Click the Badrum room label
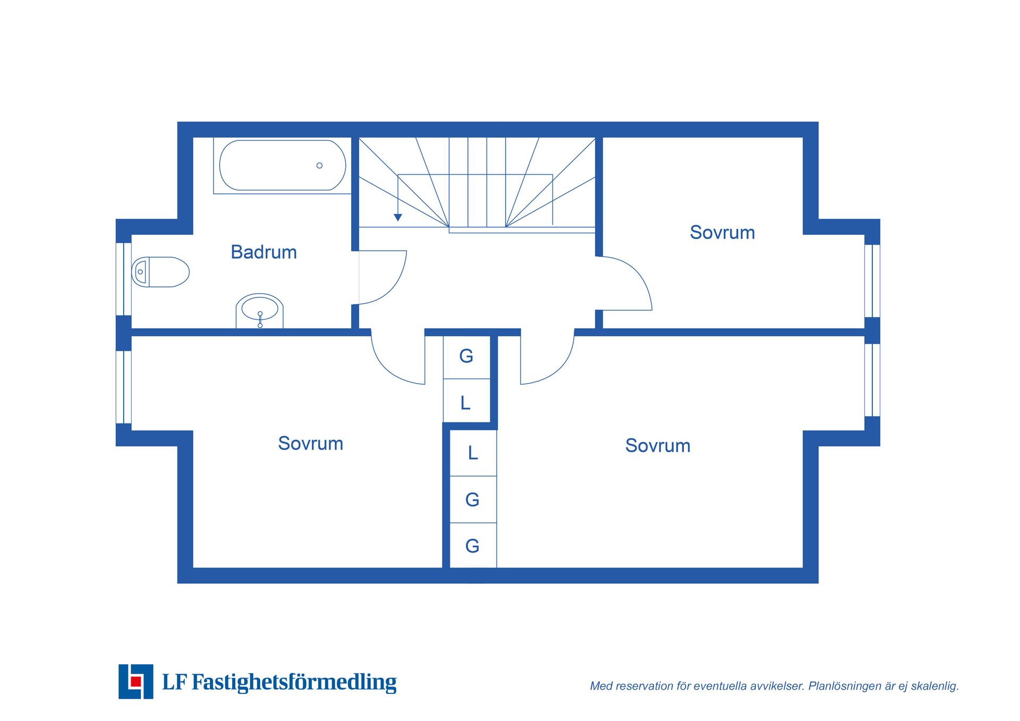click(x=263, y=252)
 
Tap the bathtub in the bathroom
click(x=282, y=165)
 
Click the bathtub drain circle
click(x=319, y=165)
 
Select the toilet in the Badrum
click(x=160, y=272)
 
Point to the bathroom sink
click(x=259, y=311)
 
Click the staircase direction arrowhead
click(x=398, y=217)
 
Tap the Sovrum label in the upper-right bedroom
click(x=722, y=232)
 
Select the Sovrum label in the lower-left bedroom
click(x=311, y=443)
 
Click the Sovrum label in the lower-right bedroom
click(x=658, y=445)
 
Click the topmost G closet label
click(x=466, y=356)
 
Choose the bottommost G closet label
click(x=472, y=546)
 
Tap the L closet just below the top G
click(x=465, y=403)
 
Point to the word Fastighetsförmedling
click(x=294, y=682)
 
